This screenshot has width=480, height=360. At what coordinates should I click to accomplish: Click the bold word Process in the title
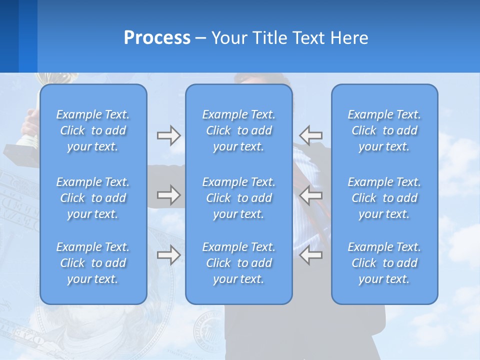[157, 38]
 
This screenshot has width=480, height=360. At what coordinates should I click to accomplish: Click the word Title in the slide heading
[269, 38]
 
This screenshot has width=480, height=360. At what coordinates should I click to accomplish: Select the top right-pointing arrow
[168, 135]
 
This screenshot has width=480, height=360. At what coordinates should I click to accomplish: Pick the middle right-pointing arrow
[168, 194]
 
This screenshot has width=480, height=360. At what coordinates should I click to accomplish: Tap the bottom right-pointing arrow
[168, 255]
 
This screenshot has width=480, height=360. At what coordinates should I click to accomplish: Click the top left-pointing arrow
[311, 135]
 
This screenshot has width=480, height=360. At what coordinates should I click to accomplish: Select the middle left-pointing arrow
[311, 195]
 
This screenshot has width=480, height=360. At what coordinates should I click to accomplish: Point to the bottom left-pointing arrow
[311, 255]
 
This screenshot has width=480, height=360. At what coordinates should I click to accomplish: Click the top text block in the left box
[93, 130]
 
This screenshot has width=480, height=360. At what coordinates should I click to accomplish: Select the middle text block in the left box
[93, 198]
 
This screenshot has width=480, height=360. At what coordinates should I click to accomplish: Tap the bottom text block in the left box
[93, 263]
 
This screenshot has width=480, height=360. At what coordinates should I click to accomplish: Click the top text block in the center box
[239, 130]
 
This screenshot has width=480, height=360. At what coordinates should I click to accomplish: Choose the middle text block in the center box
[239, 198]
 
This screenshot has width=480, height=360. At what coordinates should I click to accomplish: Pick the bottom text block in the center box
[239, 263]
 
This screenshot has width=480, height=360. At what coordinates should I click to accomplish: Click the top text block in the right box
[384, 130]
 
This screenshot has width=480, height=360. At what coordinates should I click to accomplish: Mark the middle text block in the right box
[384, 198]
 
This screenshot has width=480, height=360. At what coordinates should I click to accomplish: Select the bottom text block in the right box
[384, 263]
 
